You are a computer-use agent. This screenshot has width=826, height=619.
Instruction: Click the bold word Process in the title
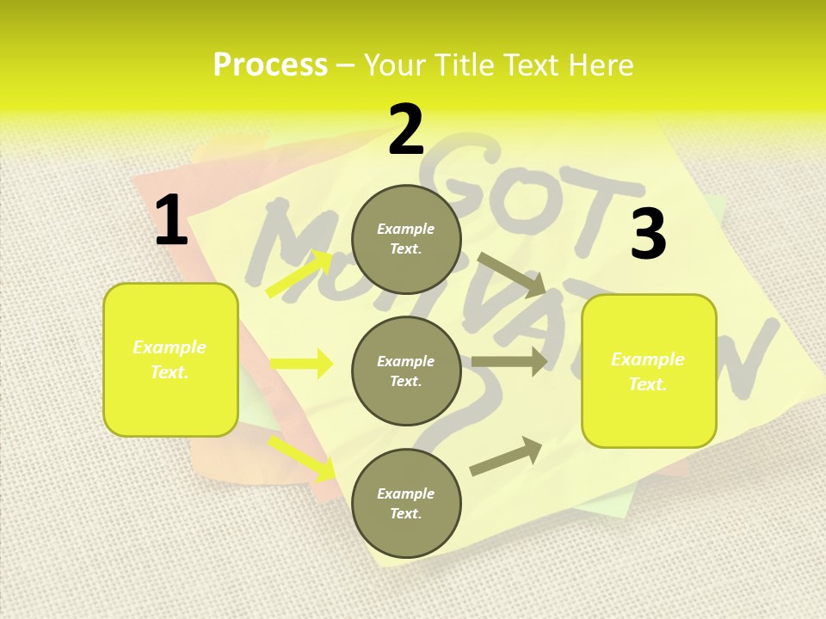pyautogui.click(x=270, y=64)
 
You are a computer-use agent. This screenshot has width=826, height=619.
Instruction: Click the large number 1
pyautogui.click(x=170, y=220)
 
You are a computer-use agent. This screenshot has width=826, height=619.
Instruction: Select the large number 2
pyautogui.click(x=406, y=130)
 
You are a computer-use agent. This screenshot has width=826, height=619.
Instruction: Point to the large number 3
pyautogui.click(x=648, y=235)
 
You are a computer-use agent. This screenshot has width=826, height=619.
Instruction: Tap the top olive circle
pyautogui.click(x=406, y=239)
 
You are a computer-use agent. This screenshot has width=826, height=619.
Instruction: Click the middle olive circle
pyautogui.click(x=406, y=371)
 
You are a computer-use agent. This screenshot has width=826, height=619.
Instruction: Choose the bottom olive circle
pyautogui.click(x=406, y=503)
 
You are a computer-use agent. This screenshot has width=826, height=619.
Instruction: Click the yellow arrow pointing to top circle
pyautogui.click(x=299, y=273)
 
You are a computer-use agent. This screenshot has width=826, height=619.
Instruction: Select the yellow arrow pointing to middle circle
pyautogui.click(x=301, y=364)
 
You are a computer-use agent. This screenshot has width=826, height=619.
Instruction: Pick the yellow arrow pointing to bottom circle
pyautogui.click(x=301, y=457)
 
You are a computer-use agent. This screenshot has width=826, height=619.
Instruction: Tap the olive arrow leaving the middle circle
pyautogui.click(x=509, y=361)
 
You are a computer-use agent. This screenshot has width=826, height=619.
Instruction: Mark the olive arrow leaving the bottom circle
pyautogui.click(x=506, y=456)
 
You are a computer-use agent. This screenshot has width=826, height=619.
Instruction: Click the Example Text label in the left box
pyautogui.click(x=170, y=359)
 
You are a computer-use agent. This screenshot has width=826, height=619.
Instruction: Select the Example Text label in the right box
pyautogui.click(x=648, y=371)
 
